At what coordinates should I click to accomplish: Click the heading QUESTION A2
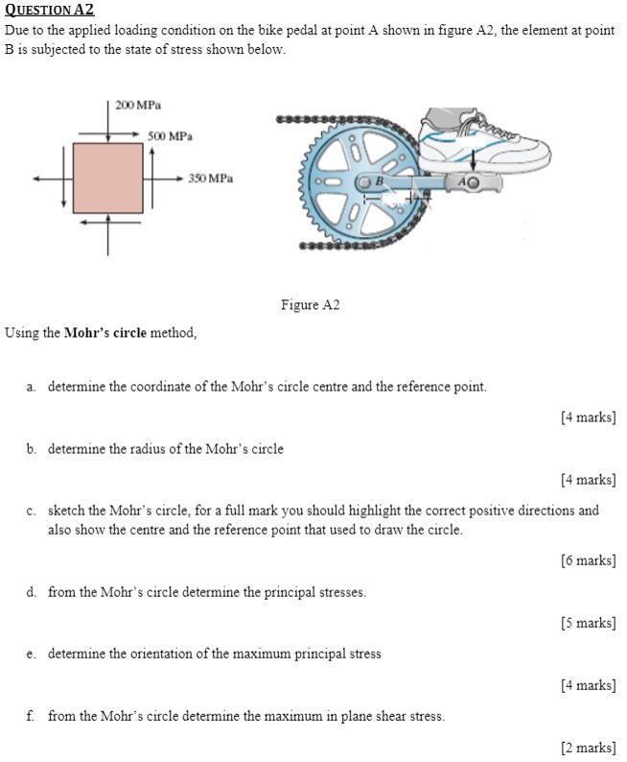click(x=50, y=10)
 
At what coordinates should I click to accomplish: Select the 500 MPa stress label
click(x=170, y=136)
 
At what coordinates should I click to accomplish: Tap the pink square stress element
click(x=108, y=178)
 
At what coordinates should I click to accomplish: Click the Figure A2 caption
click(x=310, y=305)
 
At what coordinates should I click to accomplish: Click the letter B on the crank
click(x=379, y=180)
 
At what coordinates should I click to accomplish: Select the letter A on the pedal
click(x=463, y=181)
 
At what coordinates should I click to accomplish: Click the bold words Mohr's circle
click(x=105, y=333)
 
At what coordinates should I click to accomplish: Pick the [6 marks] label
click(x=588, y=560)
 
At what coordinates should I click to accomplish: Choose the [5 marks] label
click(x=588, y=623)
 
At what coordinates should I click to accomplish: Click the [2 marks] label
click(x=588, y=747)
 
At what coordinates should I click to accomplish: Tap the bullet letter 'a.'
click(x=32, y=387)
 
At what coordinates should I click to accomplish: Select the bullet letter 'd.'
click(x=32, y=592)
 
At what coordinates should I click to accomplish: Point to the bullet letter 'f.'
click(x=32, y=715)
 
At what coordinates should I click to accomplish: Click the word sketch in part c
click(x=66, y=511)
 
